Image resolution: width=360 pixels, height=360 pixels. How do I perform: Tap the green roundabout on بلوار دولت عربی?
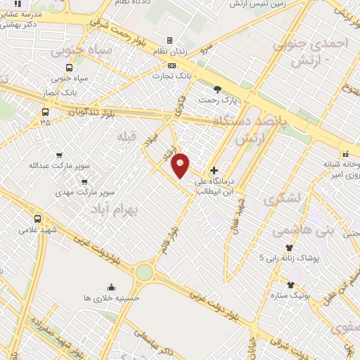[144, 272]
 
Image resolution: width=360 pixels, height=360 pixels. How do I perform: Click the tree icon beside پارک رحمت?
[217, 89]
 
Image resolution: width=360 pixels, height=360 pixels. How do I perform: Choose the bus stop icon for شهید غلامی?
[38, 218]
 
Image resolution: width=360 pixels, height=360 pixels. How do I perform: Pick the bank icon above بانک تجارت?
[169, 65]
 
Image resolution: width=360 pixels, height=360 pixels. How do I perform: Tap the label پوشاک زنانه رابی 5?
[294, 258]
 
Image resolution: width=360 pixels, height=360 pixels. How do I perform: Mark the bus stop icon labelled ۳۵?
[46, 112]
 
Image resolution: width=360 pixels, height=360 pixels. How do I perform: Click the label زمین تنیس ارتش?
[248, 4]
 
